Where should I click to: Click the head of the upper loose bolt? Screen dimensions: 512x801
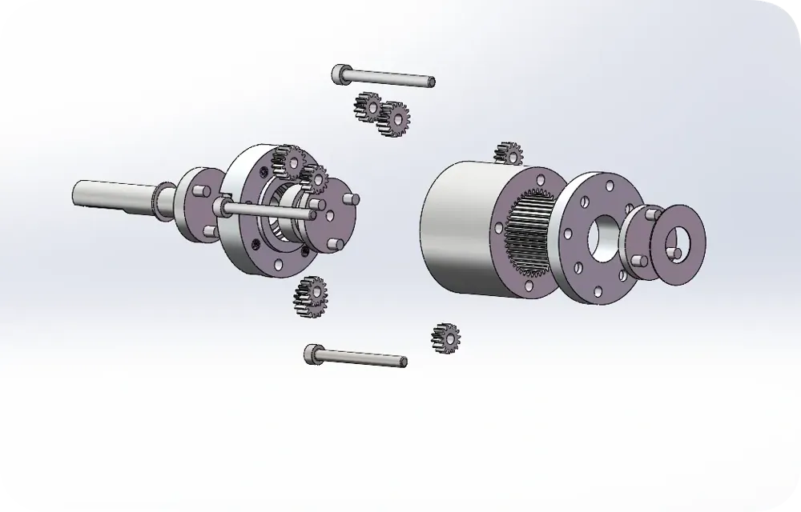[340, 74]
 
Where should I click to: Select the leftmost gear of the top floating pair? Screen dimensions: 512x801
[368, 106]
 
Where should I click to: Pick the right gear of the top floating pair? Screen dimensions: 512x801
[393, 118]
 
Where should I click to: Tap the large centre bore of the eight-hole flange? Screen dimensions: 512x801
[603, 235]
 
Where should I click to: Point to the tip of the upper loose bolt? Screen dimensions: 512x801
[430, 81]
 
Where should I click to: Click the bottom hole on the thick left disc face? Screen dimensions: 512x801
[277, 265]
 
